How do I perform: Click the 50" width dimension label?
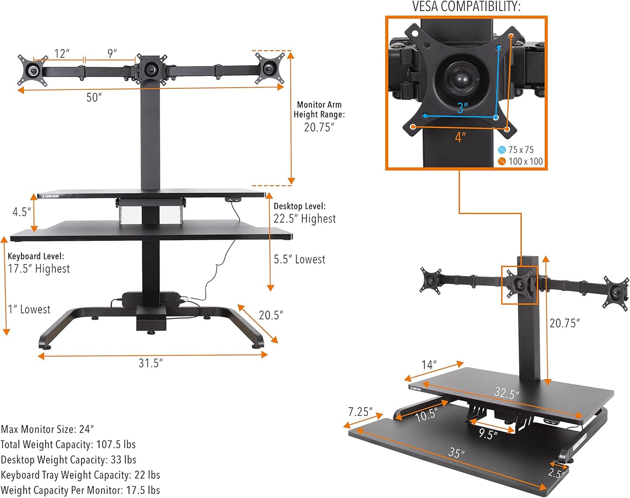94,97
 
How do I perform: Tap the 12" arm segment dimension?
62,54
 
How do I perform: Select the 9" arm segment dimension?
112,53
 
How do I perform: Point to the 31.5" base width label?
150,363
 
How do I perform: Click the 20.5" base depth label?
271,315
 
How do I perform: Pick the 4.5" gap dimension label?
21,212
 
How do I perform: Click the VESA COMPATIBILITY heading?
466,7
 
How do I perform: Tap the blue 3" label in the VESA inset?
462,107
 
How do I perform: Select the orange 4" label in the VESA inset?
460,137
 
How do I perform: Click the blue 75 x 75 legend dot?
502,150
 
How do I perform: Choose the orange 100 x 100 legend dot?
502,161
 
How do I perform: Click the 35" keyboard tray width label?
456,453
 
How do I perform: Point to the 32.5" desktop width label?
507,393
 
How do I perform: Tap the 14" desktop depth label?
429,365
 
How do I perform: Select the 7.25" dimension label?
360,412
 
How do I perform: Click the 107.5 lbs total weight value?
116,445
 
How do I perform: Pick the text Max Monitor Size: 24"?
47,429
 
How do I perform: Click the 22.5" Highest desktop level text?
305,219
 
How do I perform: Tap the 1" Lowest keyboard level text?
29,309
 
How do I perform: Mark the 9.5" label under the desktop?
488,434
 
